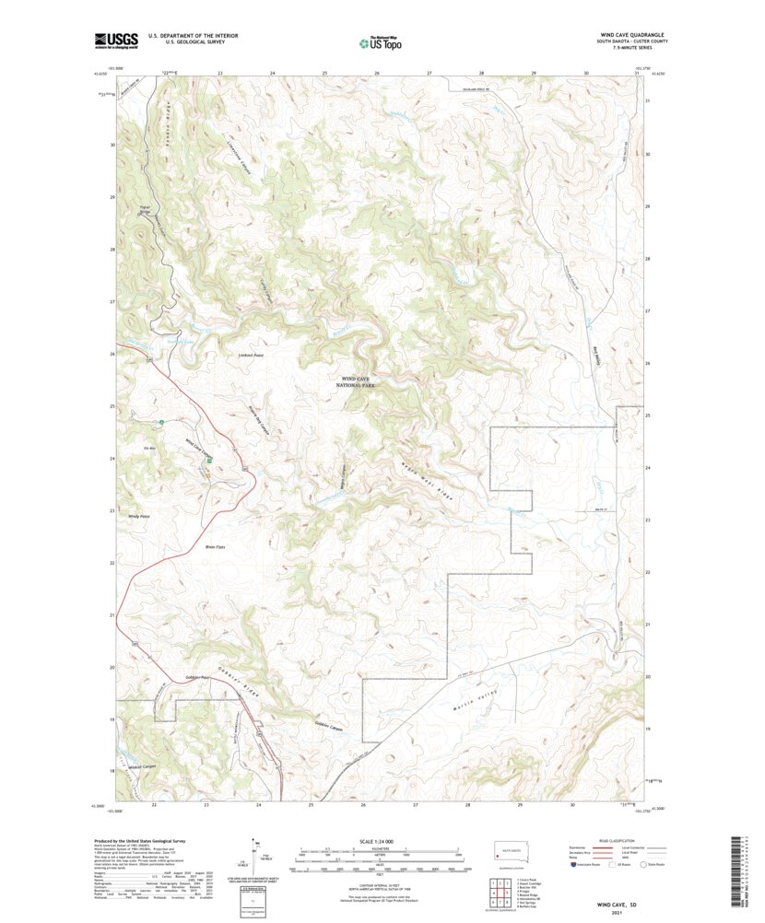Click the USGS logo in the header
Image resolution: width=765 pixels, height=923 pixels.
pos(114,40)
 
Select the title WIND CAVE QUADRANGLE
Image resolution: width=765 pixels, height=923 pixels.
pos(634,35)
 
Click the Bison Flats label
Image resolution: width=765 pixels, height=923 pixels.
pos(215,546)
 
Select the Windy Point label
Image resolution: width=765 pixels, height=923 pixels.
pos(138,517)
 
